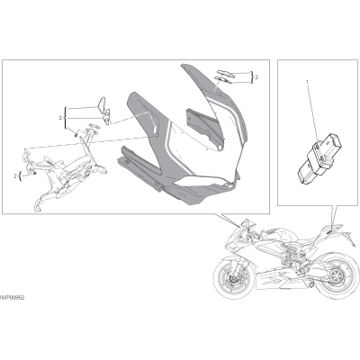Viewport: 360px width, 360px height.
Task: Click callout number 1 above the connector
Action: [x=307, y=81]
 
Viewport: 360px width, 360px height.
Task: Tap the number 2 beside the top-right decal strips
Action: [x=256, y=77]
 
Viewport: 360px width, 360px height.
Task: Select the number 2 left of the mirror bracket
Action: [x=60, y=118]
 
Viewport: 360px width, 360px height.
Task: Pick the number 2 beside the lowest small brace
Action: [x=15, y=175]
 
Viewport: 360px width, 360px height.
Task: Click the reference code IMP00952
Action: [x=13, y=298]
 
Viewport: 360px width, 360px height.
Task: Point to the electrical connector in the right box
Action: [x=319, y=157]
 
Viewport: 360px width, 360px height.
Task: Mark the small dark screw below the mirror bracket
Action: [x=76, y=135]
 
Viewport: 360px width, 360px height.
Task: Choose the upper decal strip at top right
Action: [x=225, y=72]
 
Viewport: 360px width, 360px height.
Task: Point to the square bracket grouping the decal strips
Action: [x=252, y=77]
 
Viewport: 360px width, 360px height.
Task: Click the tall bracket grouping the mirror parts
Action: [x=66, y=118]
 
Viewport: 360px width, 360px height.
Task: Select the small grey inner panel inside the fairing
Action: [x=204, y=126]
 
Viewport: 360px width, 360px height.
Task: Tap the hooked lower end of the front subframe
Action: [x=38, y=205]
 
